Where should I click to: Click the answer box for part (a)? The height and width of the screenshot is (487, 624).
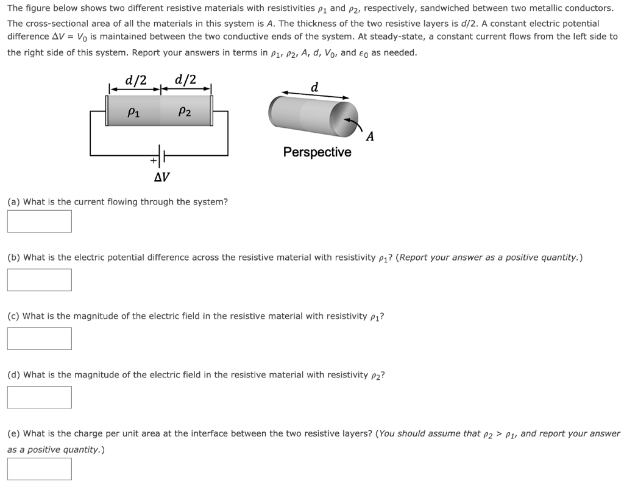(x=39, y=221)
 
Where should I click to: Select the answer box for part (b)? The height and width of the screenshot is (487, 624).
(x=39, y=279)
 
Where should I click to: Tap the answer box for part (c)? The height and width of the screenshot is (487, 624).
(x=39, y=338)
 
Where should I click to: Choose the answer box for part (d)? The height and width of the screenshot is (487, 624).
(x=39, y=397)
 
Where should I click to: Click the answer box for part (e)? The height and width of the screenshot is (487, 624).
(x=39, y=468)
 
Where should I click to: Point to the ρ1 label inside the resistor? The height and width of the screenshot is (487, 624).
(x=132, y=111)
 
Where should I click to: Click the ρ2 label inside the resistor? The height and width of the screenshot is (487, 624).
(x=185, y=111)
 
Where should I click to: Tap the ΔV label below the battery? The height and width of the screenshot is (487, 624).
(x=161, y=177)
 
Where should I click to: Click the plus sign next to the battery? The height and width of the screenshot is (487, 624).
(x=153, y=161)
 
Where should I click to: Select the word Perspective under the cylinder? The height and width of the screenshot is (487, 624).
(x=317, y=152)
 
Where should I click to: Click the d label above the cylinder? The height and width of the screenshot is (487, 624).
(x=314, y=87)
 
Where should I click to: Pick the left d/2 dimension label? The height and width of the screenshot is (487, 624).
(x=135, y=80)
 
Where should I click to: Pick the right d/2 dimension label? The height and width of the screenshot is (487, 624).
(x=185, y=80)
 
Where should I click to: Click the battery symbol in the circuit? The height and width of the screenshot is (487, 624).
(x=161, y=156)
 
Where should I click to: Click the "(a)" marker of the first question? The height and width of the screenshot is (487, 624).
(x=13, y=201)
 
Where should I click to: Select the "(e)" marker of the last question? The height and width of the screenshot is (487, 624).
(x=13, y=433)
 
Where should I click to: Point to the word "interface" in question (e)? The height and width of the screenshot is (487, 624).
(x=235, y=433)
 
